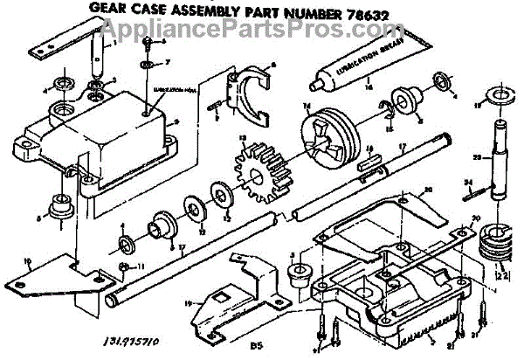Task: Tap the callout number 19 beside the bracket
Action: tap(189, 303)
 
